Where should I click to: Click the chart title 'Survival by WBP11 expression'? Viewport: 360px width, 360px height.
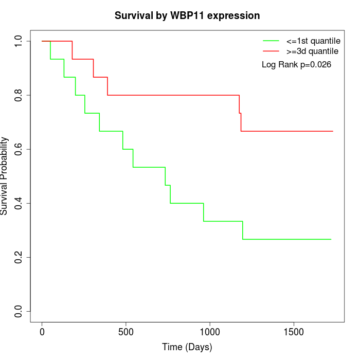click(x=187, y=15)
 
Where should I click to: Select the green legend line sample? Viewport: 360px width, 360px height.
click(x=271, y=41)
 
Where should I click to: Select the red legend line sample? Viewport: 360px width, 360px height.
click(x=271, y=51)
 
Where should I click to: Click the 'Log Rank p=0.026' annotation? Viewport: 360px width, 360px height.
click(x=296, y=65)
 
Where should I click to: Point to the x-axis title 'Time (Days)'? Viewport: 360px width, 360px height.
click(x=187, y=347)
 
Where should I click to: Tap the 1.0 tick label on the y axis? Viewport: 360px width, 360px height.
click(x=19, y=41)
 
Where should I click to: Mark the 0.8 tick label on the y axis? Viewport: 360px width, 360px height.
click(x=19, y=95)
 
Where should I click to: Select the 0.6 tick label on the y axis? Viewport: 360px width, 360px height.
click(x=19, y=149)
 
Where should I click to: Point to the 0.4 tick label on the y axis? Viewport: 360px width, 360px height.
click(x=19, y=203)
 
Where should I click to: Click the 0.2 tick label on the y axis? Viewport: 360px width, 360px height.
click(x=19, y=257)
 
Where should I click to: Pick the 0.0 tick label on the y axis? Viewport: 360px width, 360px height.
click(x=19, y=311)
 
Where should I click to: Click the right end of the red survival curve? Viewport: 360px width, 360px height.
click(x=332, y=131)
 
